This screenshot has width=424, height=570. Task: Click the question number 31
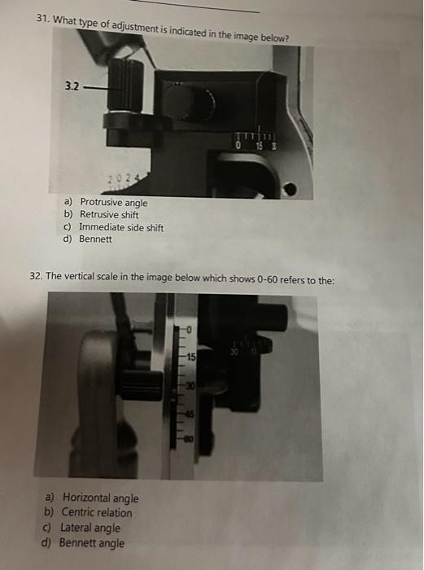tap(42, 19)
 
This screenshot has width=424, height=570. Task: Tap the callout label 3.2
tap(72, 86)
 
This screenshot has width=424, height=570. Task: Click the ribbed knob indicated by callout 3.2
tap(125, 85)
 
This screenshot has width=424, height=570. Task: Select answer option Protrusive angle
tap(114, 202)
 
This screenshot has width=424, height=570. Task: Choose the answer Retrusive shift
tap(109, 214)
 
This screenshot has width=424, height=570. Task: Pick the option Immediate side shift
tap(121, 227)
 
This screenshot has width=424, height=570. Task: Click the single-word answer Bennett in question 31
tap(95, 239)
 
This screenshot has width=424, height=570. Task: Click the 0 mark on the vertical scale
tap(189, 330)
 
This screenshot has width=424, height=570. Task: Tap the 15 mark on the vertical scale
tap(190, 357)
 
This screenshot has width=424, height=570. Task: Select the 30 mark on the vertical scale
tap(190, 386)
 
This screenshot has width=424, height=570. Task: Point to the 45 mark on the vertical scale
tap(190, 414)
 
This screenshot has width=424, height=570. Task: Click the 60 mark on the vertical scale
tap(190, 439)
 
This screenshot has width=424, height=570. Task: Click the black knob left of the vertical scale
tap(141, 385)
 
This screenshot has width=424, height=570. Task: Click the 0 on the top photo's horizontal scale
tap(238, 146)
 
